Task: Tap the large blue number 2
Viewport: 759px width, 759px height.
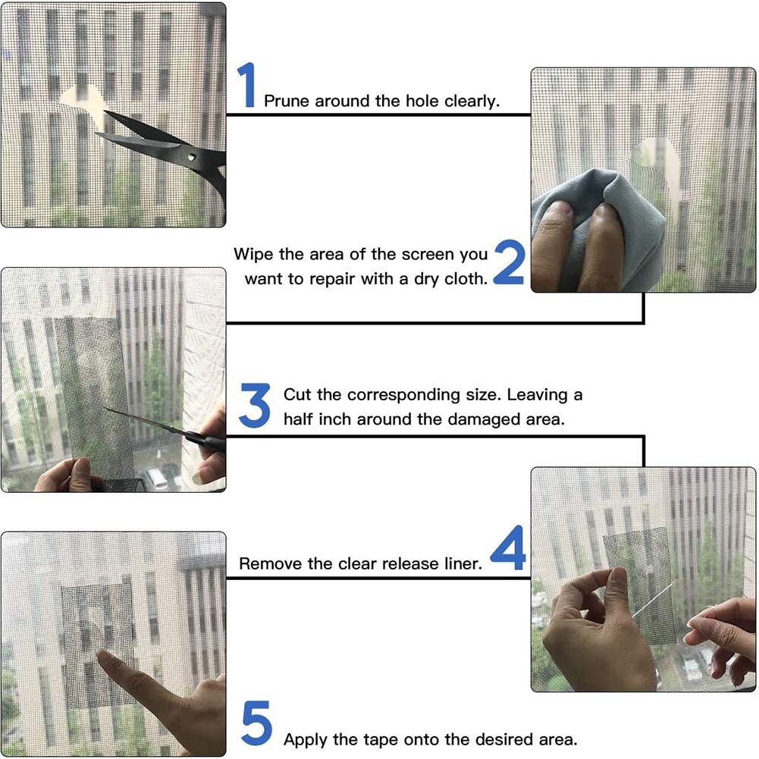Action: click(509, 263)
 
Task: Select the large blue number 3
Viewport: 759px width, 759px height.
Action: click(254, 406)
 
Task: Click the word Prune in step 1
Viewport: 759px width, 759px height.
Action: click(287, 101)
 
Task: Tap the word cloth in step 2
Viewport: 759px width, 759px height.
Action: click(465, 278)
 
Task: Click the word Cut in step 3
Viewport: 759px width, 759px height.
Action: click(296, 395)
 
